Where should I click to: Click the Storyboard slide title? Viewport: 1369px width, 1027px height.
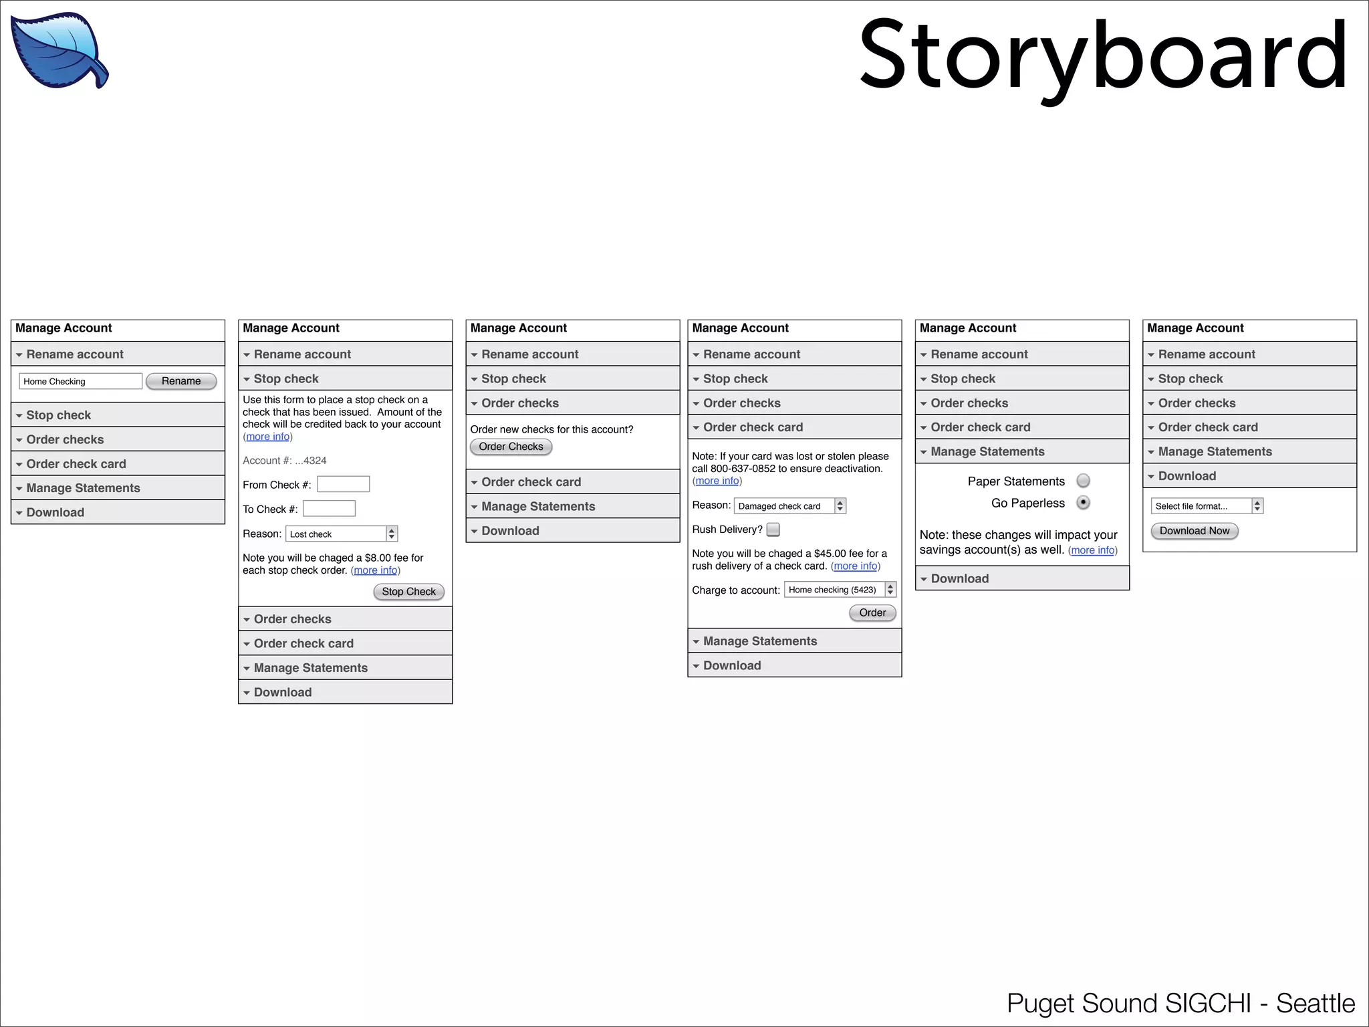coord(1103,56)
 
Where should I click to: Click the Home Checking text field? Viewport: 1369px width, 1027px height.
coord(80,381)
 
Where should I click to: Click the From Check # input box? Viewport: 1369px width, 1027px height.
coord(343,484)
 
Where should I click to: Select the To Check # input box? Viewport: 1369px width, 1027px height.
coord(329,509)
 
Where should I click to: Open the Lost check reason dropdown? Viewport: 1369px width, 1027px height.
coord(342,534)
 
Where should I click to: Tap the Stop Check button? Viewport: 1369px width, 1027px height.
coord(408,592)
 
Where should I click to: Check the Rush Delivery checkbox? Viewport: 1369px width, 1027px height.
coord(773,530)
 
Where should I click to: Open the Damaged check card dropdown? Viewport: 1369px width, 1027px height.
coord(789,506)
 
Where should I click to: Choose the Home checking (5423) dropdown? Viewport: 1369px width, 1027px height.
coord(840,590)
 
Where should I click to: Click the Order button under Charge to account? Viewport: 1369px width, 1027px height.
coord(872,612)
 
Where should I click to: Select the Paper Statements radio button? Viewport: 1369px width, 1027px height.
coord(1084,481)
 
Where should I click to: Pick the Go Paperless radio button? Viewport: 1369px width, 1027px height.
coord(1084,503)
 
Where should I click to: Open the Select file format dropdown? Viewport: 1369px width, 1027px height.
coord(1207,506)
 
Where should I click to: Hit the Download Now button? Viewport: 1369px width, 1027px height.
coord(1195,531)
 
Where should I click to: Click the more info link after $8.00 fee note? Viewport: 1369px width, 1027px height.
coord(376,570)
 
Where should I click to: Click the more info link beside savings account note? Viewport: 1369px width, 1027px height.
coord(1093,550)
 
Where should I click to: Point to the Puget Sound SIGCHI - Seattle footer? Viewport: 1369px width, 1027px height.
coord(1180,1004)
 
